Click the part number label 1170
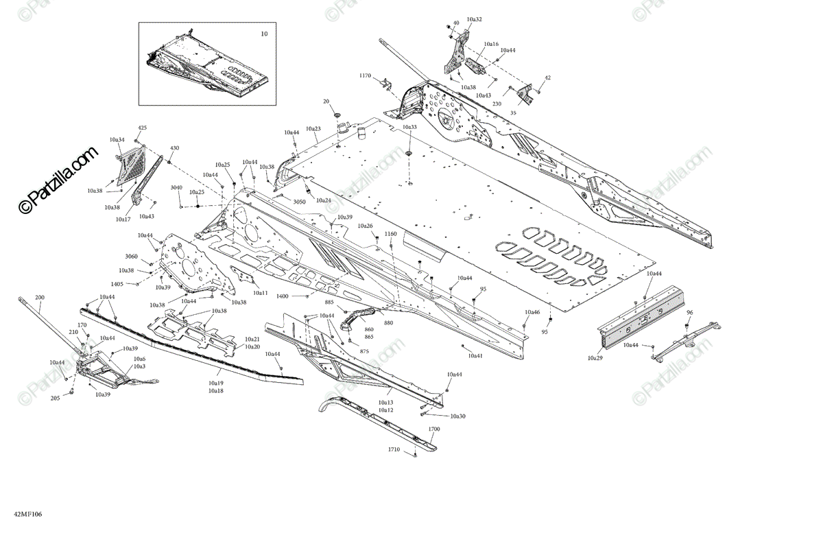(x=364, y=75)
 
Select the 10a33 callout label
(x=409, y=127)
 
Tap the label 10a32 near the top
(x=474, y=19)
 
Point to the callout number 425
(x=143, y=128)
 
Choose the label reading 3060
(x=132, y=256)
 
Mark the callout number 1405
(x=117, y=283)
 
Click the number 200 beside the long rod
(x=39, y=297)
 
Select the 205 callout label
(x=56, y=398)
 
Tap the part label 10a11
(x=260, y=293)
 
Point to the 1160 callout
(x=390, y=234)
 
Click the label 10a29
(x=596, y=357)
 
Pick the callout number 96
(x=689, y=313)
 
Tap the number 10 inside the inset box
(x=264, y=34)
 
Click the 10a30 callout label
(x=457, y=416)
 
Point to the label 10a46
(x=532, y=312)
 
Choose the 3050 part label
(x=299, y=202)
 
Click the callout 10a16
(x=491, y=44)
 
